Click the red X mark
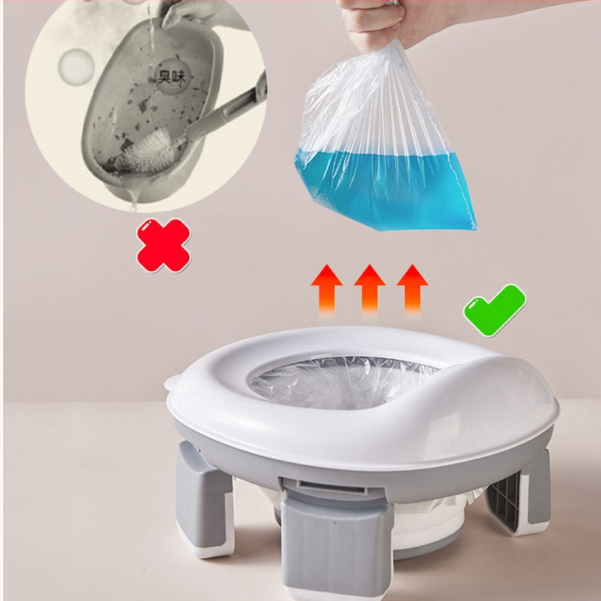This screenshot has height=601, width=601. (164, 246)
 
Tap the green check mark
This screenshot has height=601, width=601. (494, 310)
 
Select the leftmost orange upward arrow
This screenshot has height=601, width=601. (327, 288)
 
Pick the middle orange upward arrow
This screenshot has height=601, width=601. (370, 288)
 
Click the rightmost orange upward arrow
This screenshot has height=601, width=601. (412, 288)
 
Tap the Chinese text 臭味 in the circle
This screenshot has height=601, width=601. (171, 77)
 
